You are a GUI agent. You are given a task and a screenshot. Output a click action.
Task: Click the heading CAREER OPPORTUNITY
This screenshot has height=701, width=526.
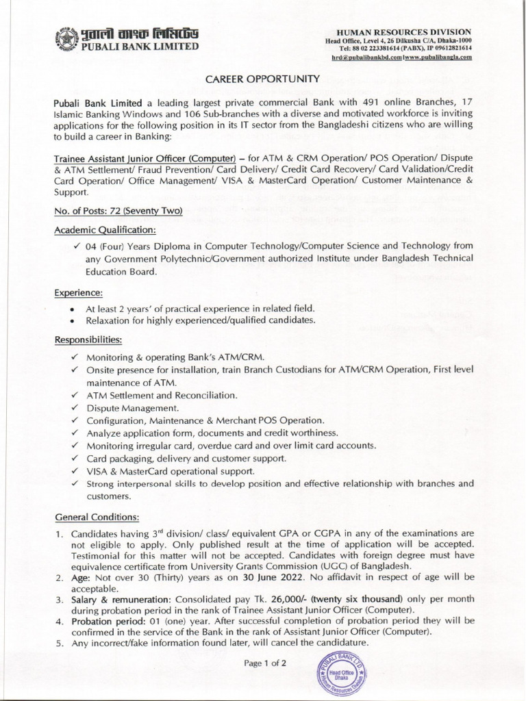(x=263, y=79)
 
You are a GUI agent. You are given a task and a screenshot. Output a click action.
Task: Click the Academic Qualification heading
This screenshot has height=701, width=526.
(x=105, y=229)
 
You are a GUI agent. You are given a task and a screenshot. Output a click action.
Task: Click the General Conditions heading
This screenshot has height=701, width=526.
(x=97, y=515)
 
